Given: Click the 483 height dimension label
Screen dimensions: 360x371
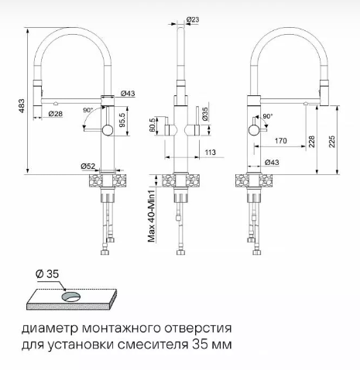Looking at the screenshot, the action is (x=22, y=105).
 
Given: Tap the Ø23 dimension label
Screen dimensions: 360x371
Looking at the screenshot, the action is (x=193, y=19).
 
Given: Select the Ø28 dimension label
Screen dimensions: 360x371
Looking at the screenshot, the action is (x=56, y=114).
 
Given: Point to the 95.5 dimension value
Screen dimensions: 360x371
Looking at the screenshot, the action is (x=122, y=120).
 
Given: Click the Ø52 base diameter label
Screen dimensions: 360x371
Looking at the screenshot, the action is (x=88, y=167).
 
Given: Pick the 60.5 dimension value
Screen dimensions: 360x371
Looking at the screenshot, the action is (x=153, y=125).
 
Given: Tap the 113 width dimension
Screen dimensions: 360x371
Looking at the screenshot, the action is (x=211, y=153).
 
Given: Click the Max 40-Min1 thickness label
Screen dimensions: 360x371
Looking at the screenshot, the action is (x=152, y=216).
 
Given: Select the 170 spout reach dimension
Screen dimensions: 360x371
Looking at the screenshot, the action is (x=281, y=141).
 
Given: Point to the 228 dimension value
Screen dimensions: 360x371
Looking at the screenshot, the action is (x=311, y=142).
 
